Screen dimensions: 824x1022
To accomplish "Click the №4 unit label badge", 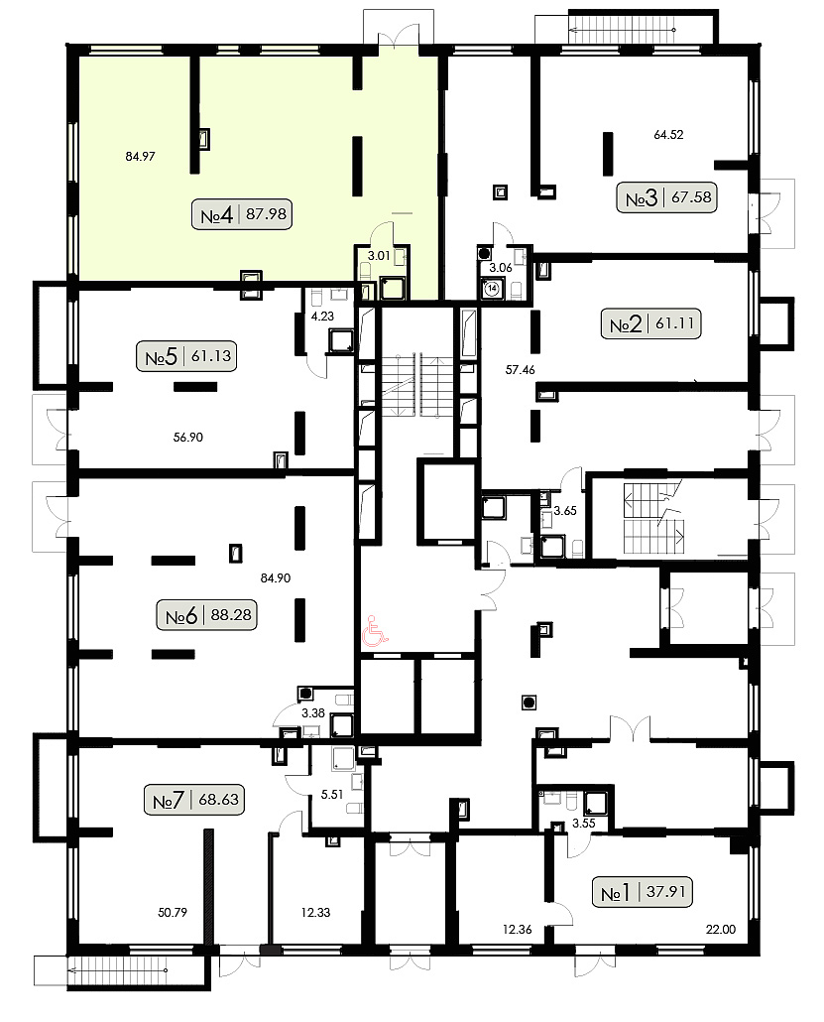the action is tap(242, 214).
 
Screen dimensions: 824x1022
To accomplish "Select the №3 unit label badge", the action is tap(667, 197).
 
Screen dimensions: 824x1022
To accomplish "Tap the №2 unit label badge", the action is tap(650, 323).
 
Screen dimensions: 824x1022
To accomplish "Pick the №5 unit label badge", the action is tap(186, 356).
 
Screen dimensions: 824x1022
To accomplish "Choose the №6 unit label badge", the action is tap(207, 615).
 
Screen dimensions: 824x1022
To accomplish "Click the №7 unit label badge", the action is tap(194, 800).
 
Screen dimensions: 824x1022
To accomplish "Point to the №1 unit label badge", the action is tap(643, 892).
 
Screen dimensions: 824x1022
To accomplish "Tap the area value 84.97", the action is tap(140, 157).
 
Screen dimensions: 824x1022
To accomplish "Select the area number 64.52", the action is tap(668, 135).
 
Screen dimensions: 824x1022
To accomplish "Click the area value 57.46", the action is tap(520, 370).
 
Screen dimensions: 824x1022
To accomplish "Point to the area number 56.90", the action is tap(187, 438).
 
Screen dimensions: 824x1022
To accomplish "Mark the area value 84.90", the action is tap(275, 578).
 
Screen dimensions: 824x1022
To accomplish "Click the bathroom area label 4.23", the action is tap(322, 317).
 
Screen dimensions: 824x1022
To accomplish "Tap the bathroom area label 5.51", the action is tap(331, 795).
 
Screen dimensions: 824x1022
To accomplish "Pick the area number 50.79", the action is tap(172, 913).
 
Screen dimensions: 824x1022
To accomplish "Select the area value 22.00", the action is tap(721, 930).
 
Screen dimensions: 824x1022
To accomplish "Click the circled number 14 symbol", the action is tap(492, 288).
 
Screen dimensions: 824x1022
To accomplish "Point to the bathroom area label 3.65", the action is tap(565, 511).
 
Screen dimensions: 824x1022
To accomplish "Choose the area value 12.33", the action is tap(315, 913).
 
